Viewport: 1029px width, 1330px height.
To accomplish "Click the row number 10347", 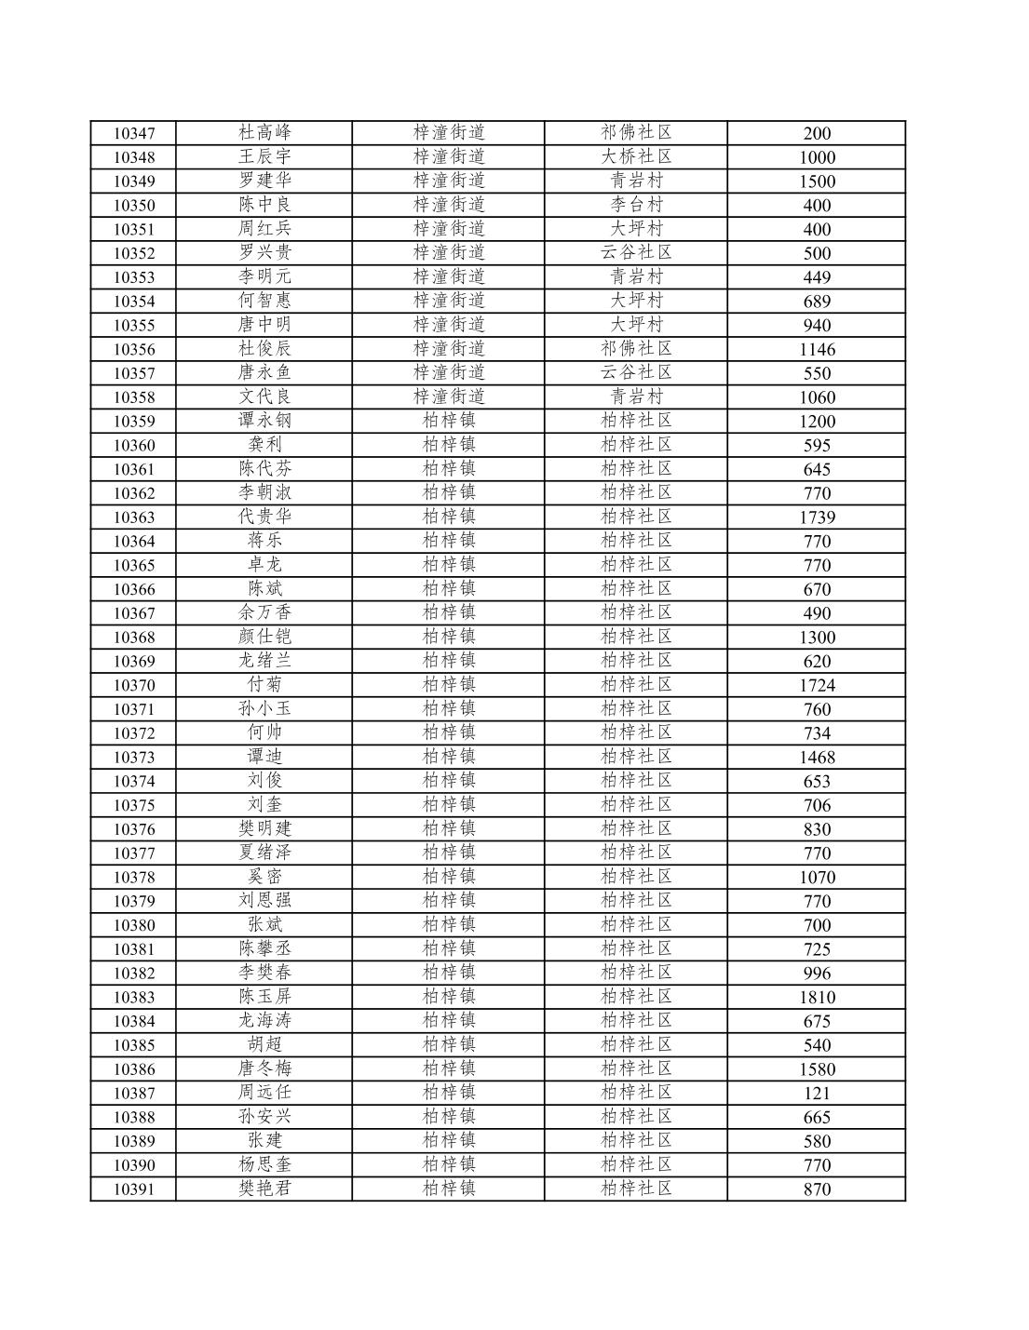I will (134, 133).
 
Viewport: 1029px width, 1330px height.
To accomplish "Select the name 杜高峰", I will (264, 133).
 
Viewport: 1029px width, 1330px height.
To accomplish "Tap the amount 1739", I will (817, 517).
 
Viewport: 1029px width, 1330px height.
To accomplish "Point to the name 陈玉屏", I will (264, 997).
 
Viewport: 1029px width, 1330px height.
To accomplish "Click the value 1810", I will (817, 998).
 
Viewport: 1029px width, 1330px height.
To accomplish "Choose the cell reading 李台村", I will (636, 205).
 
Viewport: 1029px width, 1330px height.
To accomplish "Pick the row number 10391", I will (134, 1189).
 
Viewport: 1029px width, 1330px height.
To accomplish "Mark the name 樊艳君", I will (264, 1189).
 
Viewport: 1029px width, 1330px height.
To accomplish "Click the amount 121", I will (817, 1094).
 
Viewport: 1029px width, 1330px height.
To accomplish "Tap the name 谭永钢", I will (264, 421).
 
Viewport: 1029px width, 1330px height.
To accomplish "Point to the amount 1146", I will (817, 350).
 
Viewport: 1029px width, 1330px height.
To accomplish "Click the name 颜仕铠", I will (264, 637).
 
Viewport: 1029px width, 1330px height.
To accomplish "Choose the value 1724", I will (817, 686).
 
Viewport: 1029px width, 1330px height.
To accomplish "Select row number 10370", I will (134, 686).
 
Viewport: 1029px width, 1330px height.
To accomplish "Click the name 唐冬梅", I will (264, 1068).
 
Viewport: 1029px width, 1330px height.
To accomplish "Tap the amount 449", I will (817, 277).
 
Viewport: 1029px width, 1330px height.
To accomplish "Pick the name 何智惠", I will (264, 301).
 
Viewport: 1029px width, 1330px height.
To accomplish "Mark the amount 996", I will (817, 974).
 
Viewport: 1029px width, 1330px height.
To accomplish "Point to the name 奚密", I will (264, 877).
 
